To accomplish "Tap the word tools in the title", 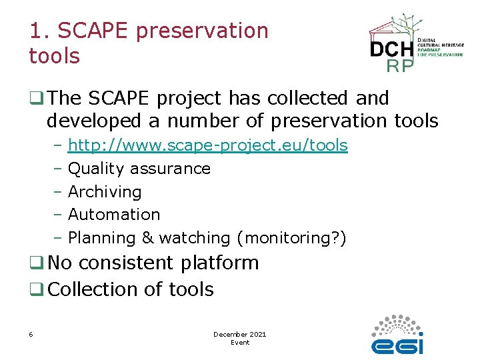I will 54,56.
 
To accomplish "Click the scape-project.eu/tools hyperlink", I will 208,145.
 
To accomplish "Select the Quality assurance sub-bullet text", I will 139,169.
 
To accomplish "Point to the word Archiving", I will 105,192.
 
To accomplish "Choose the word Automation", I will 114,215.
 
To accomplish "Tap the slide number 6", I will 31,334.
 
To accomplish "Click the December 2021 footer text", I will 239,334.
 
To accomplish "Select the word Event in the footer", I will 239,343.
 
